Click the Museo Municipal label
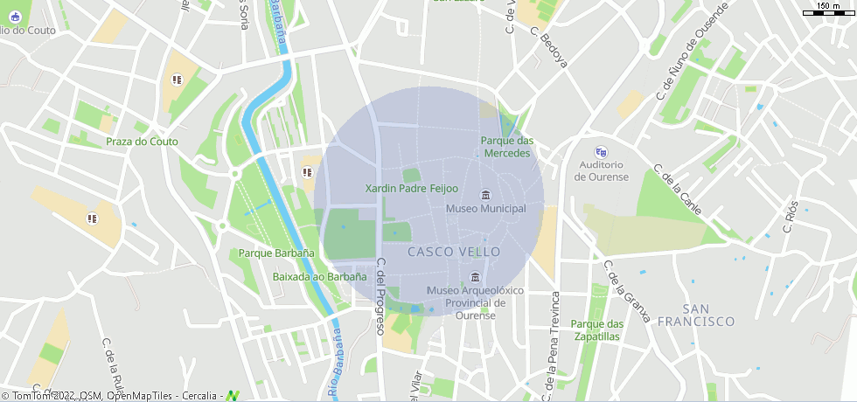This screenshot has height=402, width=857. pos(485,209)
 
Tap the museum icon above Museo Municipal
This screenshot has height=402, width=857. pos(486,194)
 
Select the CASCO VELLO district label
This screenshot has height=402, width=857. pos(454,252)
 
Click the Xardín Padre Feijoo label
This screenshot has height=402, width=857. pos(411,188)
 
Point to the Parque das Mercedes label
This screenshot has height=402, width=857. pos(506,147)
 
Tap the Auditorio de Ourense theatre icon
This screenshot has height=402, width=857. pos(600,151)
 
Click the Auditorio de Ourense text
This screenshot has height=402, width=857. pos(601,170)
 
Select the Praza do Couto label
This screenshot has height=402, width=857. pos(142,142)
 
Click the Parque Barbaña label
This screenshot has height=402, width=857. pos(276,253)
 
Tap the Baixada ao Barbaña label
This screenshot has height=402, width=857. pos(319,276)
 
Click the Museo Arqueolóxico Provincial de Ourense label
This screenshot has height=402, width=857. pos(475,302)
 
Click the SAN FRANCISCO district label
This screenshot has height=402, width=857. pos(708,315)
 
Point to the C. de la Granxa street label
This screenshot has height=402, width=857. pos(627,292)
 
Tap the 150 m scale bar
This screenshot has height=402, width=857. pos(828,10)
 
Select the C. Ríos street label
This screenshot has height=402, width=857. pos(791,216)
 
